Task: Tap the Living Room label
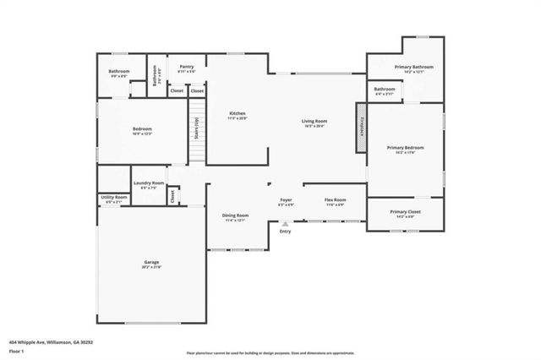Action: [x=314, y=122]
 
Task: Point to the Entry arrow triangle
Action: [x=285, y=224]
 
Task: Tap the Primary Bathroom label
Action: [x=413, y=67]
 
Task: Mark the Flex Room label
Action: [x=335, y=200]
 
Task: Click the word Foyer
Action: [x=286, y=200]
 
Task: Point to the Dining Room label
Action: [x=235, y=215]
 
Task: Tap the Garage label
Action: [x=150, y=263]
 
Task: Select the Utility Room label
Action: [x=112, y=198]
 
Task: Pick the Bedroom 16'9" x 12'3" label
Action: [x=141, y=129]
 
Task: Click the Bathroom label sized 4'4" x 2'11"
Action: [x=385, y=89]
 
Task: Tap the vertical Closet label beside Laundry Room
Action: [x=172, y=195]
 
